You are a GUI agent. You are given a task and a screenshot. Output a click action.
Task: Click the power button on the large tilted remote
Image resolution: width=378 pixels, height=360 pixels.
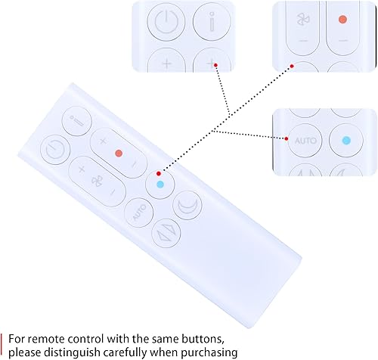pos(55,150)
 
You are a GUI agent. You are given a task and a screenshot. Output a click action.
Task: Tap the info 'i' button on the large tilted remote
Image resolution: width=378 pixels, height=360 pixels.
pos(76,121)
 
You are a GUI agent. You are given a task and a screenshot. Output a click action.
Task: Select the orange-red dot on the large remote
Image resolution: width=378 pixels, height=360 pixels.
pos(119,153)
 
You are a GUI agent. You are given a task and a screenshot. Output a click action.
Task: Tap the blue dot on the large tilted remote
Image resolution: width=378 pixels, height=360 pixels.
pos(160,185)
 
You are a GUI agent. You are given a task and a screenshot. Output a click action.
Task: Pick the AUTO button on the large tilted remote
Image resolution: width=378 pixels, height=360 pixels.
pos(139,213)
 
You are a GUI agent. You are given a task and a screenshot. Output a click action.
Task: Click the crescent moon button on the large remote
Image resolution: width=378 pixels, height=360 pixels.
pos(187,206)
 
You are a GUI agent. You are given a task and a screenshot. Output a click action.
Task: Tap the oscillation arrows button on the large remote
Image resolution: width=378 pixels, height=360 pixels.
pos(166,233)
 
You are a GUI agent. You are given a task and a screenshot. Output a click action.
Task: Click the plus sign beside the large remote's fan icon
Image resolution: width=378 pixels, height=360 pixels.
pos(82,169)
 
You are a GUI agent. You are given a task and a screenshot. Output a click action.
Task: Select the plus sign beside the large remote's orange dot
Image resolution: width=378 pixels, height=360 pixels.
pos(103,141)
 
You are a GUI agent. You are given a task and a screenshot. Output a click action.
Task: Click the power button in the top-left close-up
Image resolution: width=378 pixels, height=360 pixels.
pos(166,21)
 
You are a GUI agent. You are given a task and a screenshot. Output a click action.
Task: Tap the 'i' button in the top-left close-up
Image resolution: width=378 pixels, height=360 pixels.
pos(212,21)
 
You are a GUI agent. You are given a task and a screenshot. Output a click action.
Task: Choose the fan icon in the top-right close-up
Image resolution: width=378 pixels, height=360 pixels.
pos(303,20)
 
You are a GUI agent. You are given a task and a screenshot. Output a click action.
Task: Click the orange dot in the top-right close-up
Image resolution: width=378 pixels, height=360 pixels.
pos(342,20)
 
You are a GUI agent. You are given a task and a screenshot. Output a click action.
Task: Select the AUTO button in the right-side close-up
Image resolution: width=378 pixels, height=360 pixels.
pos(305,141)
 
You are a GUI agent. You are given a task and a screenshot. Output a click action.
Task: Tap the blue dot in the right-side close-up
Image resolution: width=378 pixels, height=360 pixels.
pos(346,141)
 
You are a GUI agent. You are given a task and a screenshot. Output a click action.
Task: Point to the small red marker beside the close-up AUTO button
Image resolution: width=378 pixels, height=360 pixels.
pos(287,138)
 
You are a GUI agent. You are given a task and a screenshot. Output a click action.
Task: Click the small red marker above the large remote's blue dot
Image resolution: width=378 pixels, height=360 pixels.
pos(159,173)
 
